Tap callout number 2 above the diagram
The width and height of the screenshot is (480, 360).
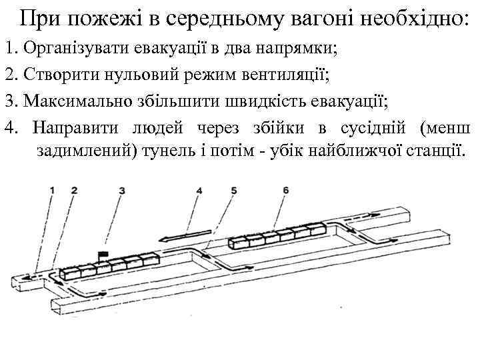[74, 190]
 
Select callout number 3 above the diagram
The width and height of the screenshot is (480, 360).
[121, 190]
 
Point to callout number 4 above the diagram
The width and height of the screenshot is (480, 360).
[199, 190]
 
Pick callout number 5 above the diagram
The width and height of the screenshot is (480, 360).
[233, 190]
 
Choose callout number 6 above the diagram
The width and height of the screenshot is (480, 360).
[285, 190]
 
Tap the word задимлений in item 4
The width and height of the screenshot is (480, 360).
[85, 151]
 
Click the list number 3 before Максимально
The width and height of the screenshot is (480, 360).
[9, 101]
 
